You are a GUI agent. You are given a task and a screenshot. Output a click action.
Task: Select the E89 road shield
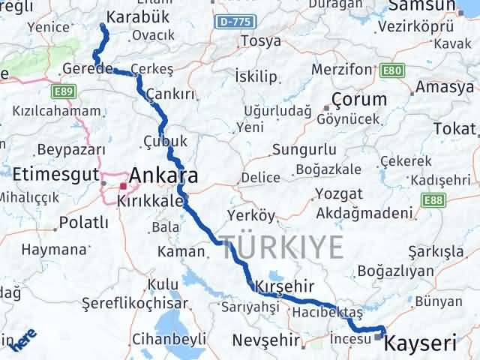click(x=63, y=91)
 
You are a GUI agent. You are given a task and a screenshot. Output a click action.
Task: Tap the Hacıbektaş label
click(x=328, y=312)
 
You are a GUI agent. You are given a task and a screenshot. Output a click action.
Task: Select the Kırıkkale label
click(x=149, y=201)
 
